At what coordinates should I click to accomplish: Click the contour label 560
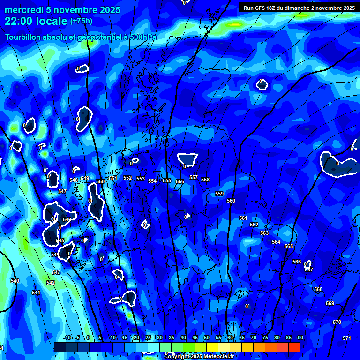(231, 201)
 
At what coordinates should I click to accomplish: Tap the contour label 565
(289, 246)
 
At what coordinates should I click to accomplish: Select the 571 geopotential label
(347, 338)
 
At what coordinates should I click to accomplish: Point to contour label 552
(127, 178)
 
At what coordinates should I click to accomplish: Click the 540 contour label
(15, 281)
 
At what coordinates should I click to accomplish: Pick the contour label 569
(330, 303)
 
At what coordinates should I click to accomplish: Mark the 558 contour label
(205, 180)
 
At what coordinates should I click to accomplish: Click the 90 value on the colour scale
(300, 337)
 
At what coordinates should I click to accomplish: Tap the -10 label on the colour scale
(67, 337)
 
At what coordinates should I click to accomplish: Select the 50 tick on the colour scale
(206, 337)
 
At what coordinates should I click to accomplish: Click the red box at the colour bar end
(294, 347)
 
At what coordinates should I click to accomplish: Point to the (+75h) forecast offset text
(81, 21)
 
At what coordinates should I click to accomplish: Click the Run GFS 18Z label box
(299, 7)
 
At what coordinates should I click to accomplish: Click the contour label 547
(62, 191)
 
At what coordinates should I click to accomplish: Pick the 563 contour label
(264, 233)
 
